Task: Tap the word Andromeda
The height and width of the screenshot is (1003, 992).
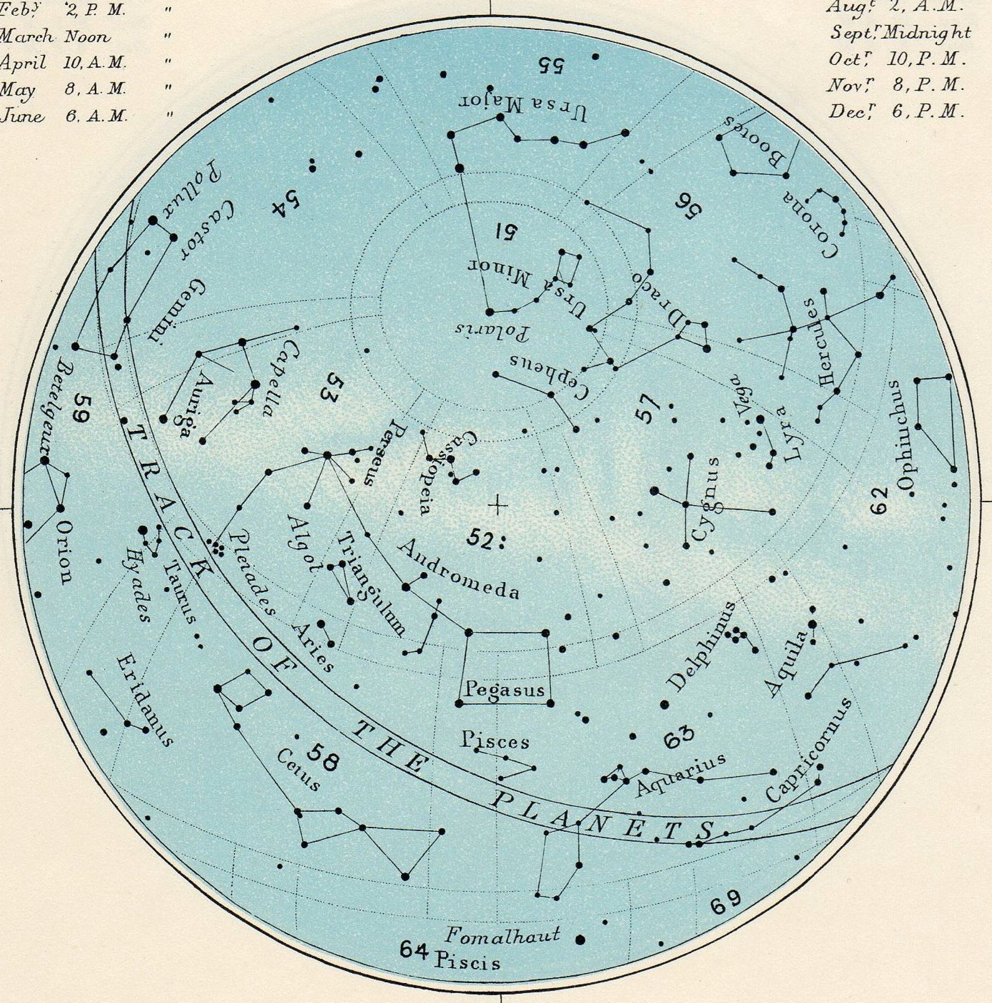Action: click(x=458, y=569)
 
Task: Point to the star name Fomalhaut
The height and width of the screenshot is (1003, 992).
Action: click(x=502, y=935)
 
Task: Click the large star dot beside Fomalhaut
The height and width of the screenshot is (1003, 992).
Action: click(x=580, y=939)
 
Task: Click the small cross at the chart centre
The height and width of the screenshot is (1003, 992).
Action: click(x=497, y=505)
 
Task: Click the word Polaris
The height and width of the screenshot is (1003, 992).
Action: click(x=492, y=330)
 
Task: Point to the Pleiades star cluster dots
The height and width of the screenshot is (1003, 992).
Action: click(x=218, y=548)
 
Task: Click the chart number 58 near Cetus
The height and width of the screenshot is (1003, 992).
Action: click(x=324, y=758)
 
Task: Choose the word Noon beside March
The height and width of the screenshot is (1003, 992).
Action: click(x=87, y=36)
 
